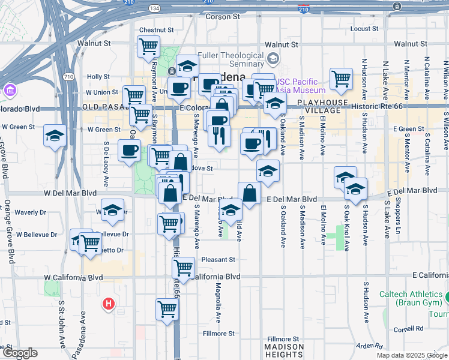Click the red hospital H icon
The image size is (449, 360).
point(109,304)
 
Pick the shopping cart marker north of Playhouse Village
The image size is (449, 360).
point(341,78)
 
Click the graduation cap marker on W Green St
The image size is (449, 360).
point(55,136)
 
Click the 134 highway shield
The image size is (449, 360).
point(154,8)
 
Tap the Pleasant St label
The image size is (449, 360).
point(218,260)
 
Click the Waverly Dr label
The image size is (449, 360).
point(31,212)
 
